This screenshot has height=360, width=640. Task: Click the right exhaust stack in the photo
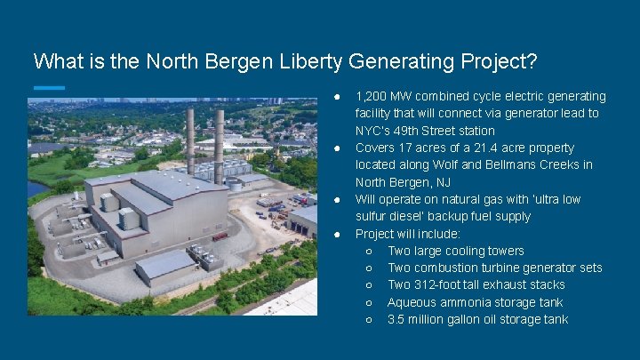click(x=219, y=142)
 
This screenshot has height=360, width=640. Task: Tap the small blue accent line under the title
click(x=49, y=87)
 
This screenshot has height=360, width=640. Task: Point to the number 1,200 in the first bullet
click(x=372, y=96)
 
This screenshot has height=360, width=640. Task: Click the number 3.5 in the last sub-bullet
click(x=396, y=319)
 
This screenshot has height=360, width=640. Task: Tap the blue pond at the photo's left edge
click(x=36, y=188)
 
